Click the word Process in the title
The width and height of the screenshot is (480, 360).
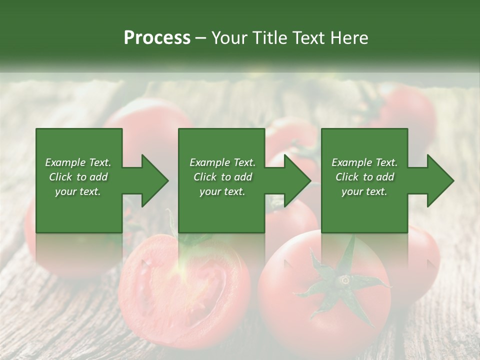(x=157, y=38)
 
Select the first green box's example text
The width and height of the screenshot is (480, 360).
(x=78, y=177)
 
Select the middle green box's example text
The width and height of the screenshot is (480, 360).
(x=222, y=177)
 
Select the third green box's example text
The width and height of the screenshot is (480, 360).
(x=364, y=177)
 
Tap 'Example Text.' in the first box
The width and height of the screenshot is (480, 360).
(x=78, y=162)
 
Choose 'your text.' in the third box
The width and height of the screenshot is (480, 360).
(x=364, y=191)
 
